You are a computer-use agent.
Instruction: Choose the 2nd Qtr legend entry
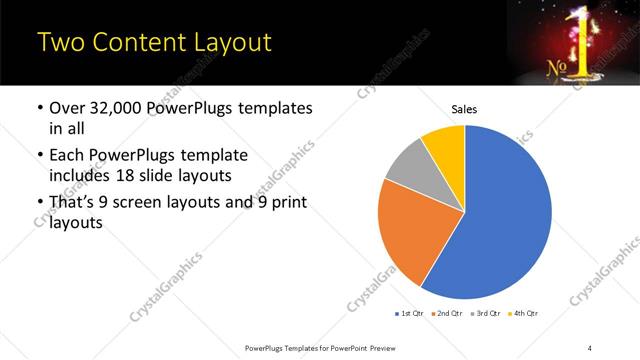tap(446, 314)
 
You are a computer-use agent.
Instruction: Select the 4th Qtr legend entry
tap(524, 314)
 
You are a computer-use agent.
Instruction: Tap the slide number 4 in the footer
tap(590, 346)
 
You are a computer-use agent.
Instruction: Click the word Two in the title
tap(58, 43)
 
